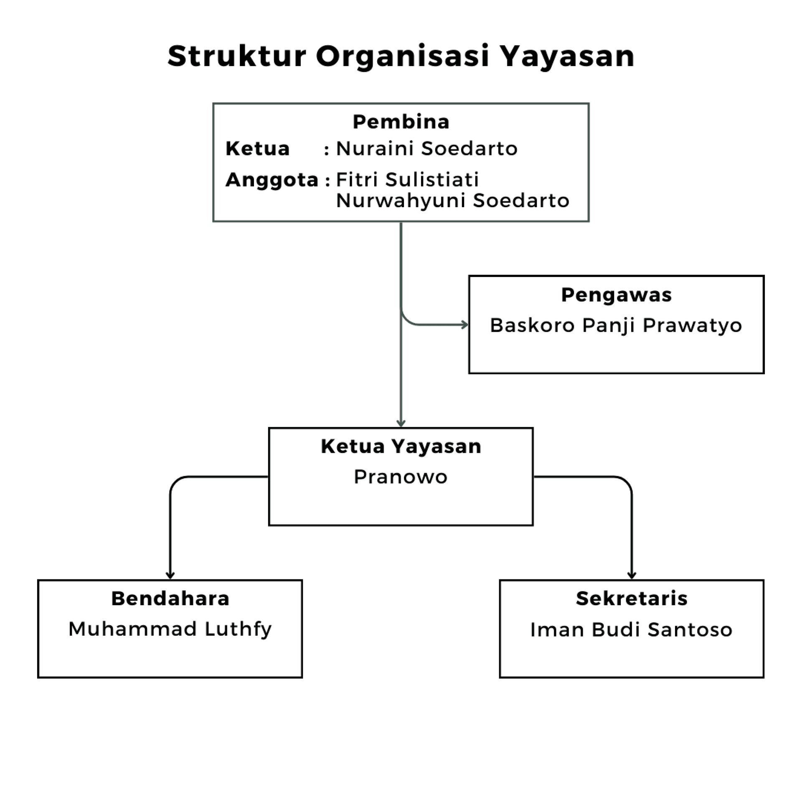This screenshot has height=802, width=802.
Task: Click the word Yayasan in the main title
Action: (x=568, y=57)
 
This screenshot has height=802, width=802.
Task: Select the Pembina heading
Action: (x=401, y=122)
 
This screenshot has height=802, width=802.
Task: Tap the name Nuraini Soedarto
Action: (x=426, y=148)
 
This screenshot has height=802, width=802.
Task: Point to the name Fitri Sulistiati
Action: (x=407, y=180)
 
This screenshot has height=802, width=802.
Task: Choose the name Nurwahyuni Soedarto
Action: (x=452, y=200)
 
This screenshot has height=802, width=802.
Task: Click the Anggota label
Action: (x=272, y=180)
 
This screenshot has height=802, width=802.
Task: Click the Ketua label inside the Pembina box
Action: (x=257, y=148)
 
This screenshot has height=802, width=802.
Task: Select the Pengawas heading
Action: (x=616, y=295)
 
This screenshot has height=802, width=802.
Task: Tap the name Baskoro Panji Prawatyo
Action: (x=616, y=325)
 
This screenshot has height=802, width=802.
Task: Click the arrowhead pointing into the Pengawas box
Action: (x=465, y=325)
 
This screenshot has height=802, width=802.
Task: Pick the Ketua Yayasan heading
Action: (x=401, y=446)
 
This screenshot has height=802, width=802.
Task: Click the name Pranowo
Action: (x=401, y=477)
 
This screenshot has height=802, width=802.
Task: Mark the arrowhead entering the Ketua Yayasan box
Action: (x=401, y=424)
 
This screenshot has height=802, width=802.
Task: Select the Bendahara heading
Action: (x=170, y=598)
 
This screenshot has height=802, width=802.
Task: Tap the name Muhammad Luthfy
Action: (x=170, y=629)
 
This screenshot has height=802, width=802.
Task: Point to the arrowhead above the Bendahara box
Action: (x=170, y=576)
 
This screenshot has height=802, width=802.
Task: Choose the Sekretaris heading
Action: (x=632, y=598)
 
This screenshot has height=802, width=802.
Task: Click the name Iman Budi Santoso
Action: (x=631, y=629)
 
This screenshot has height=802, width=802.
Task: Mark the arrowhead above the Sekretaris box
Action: (x=632, y=576)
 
